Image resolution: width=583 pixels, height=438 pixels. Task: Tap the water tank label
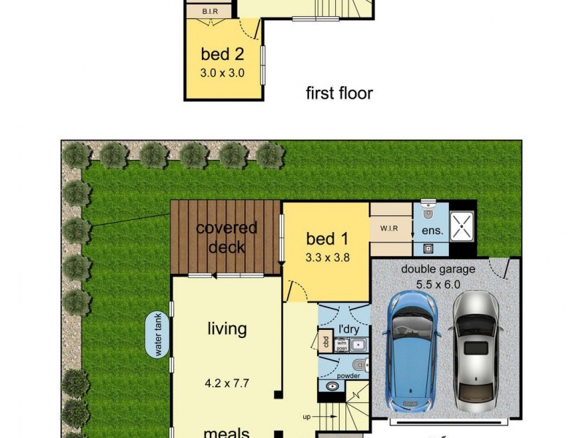coord(158,336)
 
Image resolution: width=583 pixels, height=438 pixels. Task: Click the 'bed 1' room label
coord(326,239)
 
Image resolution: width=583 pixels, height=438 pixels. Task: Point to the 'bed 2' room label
coord(222,54)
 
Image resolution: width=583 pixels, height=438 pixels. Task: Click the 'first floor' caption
coord(339,93)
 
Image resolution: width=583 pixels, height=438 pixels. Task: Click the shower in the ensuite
coord(461,227)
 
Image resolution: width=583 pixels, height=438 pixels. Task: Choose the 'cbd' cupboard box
coord(324,342)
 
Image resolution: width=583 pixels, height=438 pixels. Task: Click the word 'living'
coord(227,329)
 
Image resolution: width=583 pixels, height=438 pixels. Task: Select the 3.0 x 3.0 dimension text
coord(222,73)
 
